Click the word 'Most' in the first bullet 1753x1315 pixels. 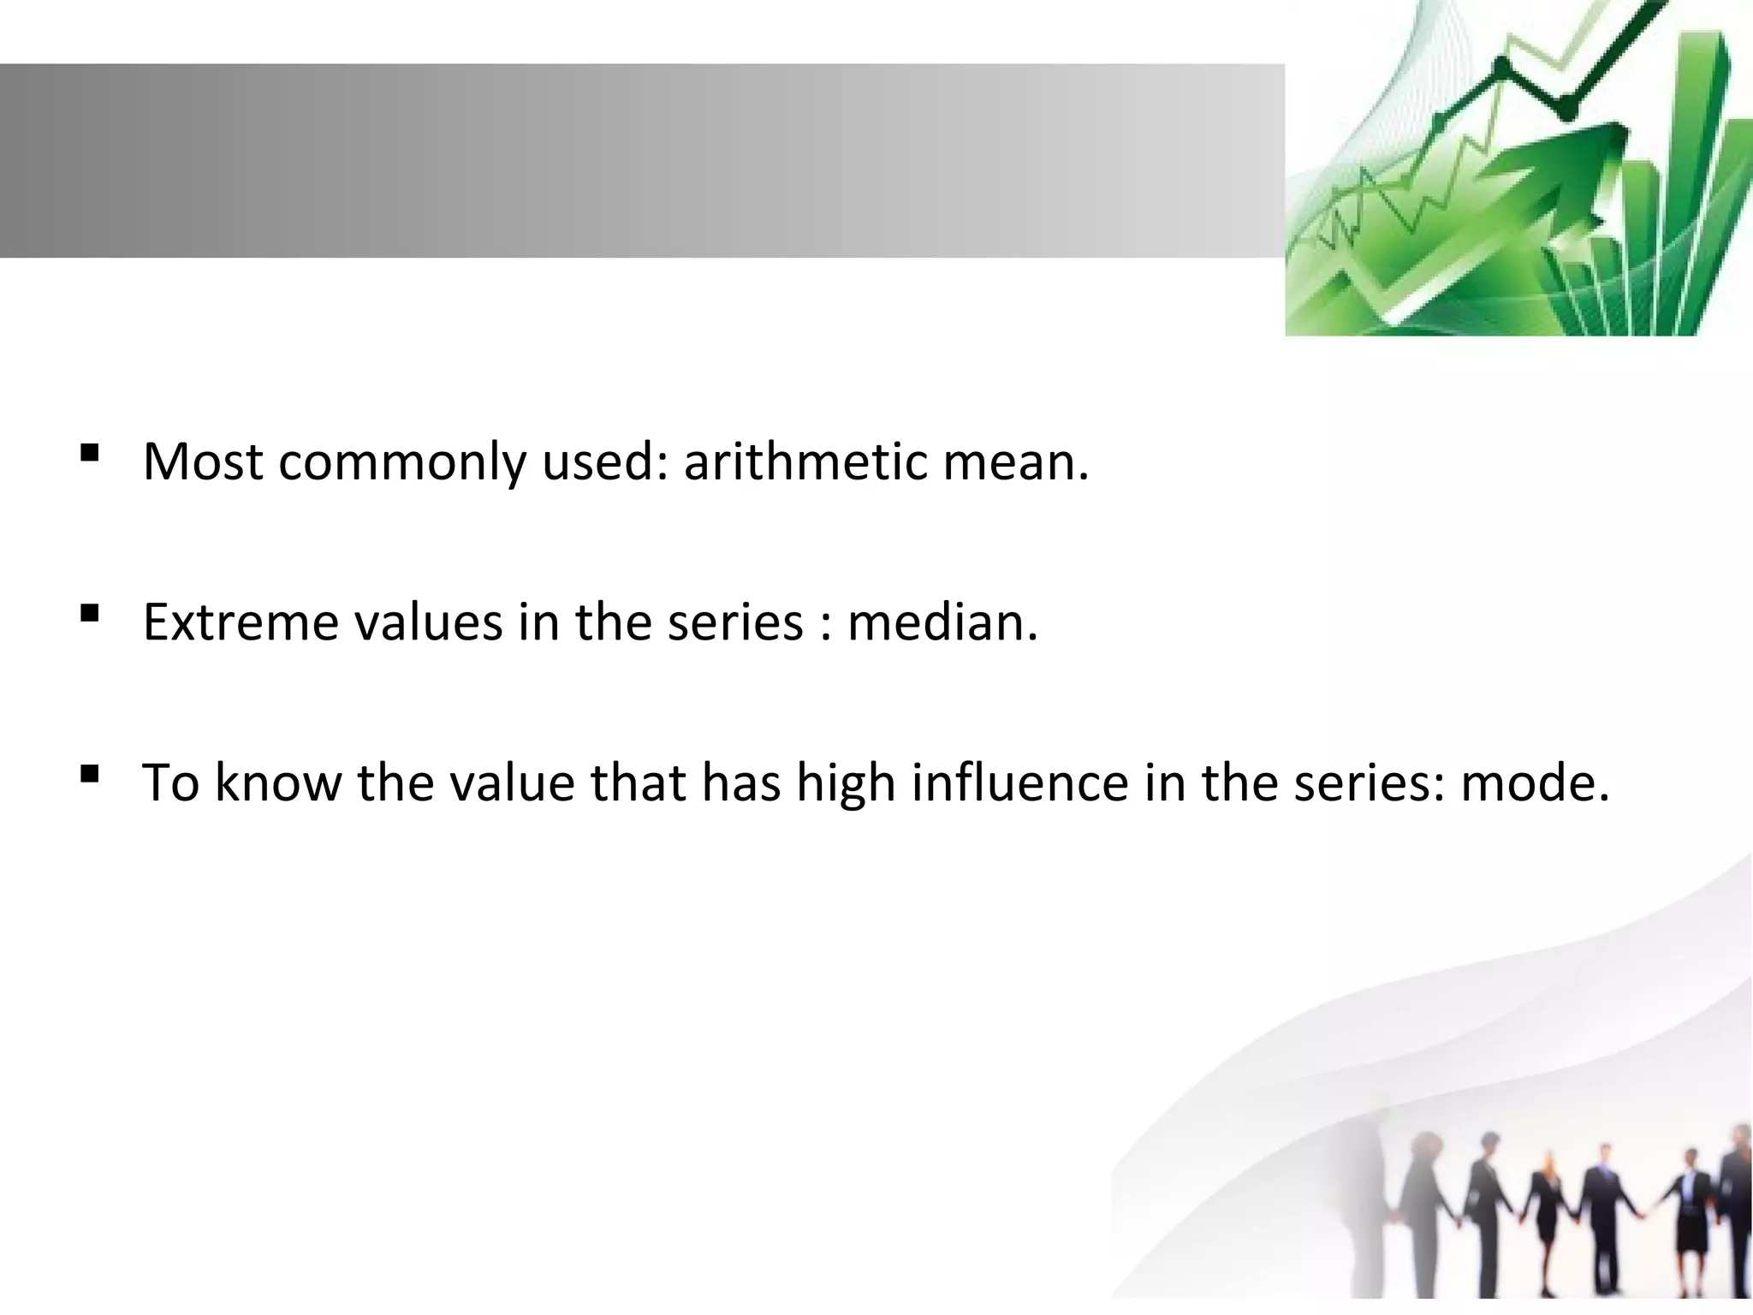(203, 461)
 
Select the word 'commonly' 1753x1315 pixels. (401, 463)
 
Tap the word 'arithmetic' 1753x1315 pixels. (805, 461)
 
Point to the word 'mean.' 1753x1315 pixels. (1016, 461)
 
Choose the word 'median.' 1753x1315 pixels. (942, 622)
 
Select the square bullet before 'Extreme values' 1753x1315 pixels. (89, 613)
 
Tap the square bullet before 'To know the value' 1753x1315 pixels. (89, 774)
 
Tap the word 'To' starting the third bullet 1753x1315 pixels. (170, 782)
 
